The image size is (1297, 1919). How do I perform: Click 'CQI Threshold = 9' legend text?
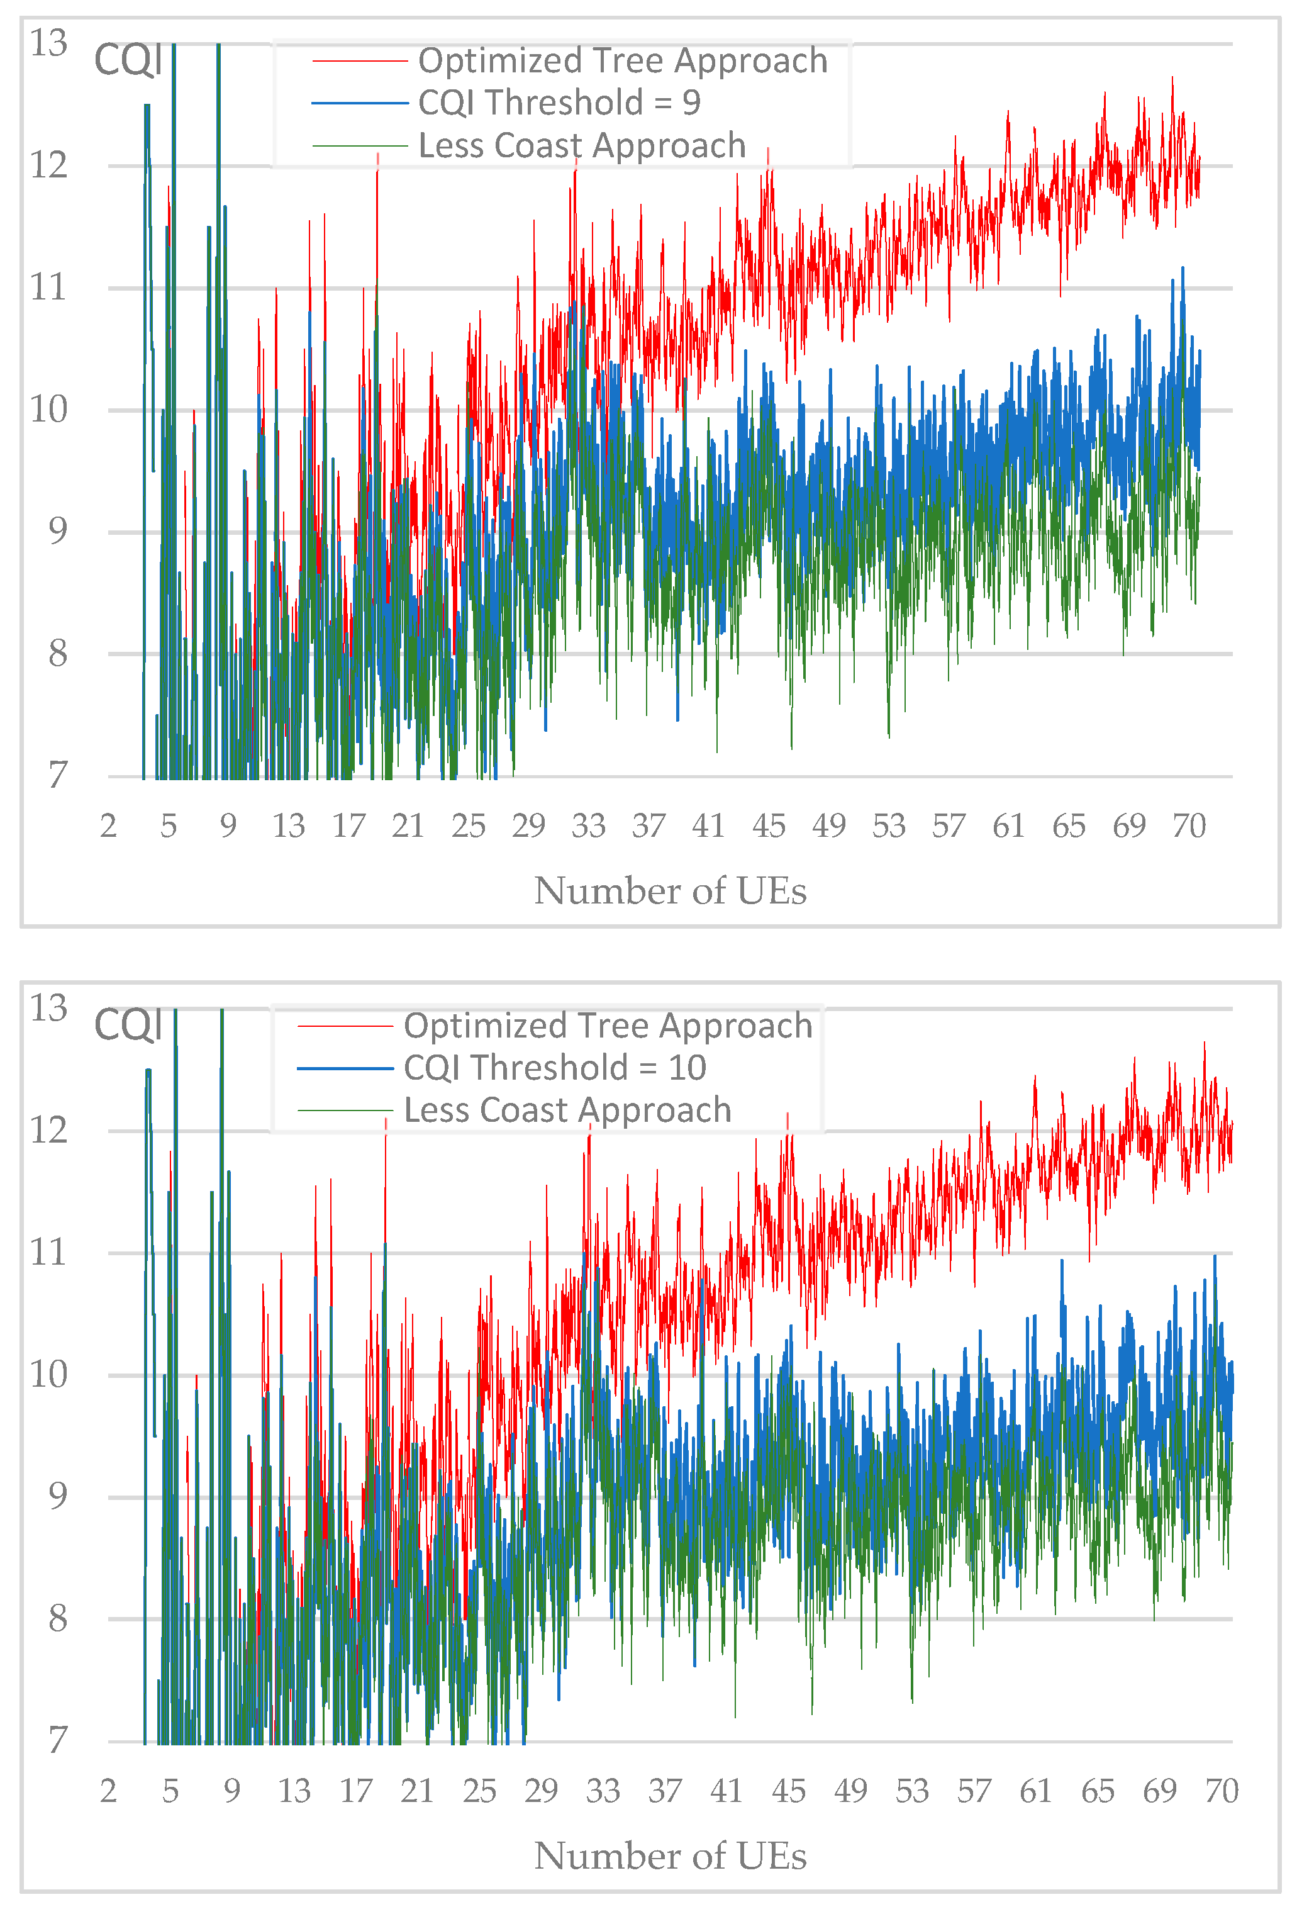(x=559, y=103)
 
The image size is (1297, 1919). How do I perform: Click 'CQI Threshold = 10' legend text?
(x=554, y=1068)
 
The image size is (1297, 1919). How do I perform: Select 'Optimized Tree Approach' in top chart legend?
(x=623, y=61)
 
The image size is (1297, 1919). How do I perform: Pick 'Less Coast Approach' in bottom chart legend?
(x=567, y=1110)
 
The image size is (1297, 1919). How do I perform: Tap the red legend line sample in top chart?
(x=360, y=61)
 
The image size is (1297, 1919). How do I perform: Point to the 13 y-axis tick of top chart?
(x=48, y=43)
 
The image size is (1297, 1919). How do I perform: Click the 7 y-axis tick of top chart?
(x=57, y=775)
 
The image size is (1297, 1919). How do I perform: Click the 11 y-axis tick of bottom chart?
(x=48, y=1253)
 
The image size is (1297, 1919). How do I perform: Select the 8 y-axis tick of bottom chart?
(x=57, y=1618)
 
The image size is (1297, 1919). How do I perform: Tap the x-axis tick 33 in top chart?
(x=589, y=825)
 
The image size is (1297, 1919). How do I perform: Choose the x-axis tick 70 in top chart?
(x=1189, y=825)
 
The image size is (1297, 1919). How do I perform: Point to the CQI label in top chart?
(x=128, y=60)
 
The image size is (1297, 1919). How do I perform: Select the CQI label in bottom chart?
(x=128, y=1026)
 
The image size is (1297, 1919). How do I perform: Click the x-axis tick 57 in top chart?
(x=949, y=825)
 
